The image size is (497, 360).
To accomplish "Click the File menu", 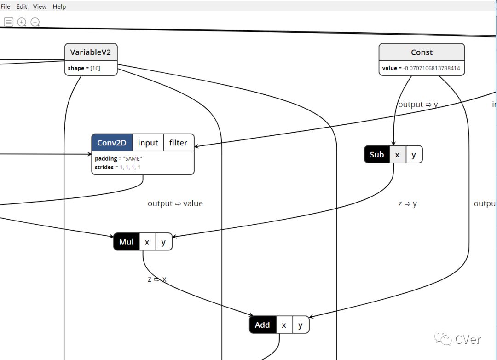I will [x=6, y=6].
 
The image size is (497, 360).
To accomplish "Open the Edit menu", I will [x=22, y=6].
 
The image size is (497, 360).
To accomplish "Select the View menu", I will [x=40, y=6].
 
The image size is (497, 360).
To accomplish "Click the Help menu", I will [x=59, y=6].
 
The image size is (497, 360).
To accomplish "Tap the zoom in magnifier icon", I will [x=22, y=22].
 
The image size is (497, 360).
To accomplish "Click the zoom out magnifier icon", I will [x=35, y=22].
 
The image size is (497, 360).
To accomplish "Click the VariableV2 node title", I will [x=91, y=52].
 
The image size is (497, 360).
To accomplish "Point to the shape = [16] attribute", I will [x=84, y=68].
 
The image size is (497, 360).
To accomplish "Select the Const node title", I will [x=422, y=52].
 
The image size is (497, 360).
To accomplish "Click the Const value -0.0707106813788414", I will [x=421, y=68].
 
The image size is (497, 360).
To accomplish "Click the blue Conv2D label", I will [x=112, y=143].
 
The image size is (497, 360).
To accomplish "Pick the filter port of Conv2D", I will [x=178, y=143].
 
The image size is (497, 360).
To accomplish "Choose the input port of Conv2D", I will [x=148, y=143].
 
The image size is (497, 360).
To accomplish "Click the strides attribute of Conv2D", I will [x=117, y=167].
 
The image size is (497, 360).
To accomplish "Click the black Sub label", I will [x=376, y=155].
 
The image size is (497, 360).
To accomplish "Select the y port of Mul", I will [x=163, y=242].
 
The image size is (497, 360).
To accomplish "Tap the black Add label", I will [x=262, y=325].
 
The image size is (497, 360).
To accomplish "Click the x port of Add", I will [x=284, y=325].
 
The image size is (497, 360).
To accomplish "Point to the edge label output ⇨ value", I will [x=175, y=203].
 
